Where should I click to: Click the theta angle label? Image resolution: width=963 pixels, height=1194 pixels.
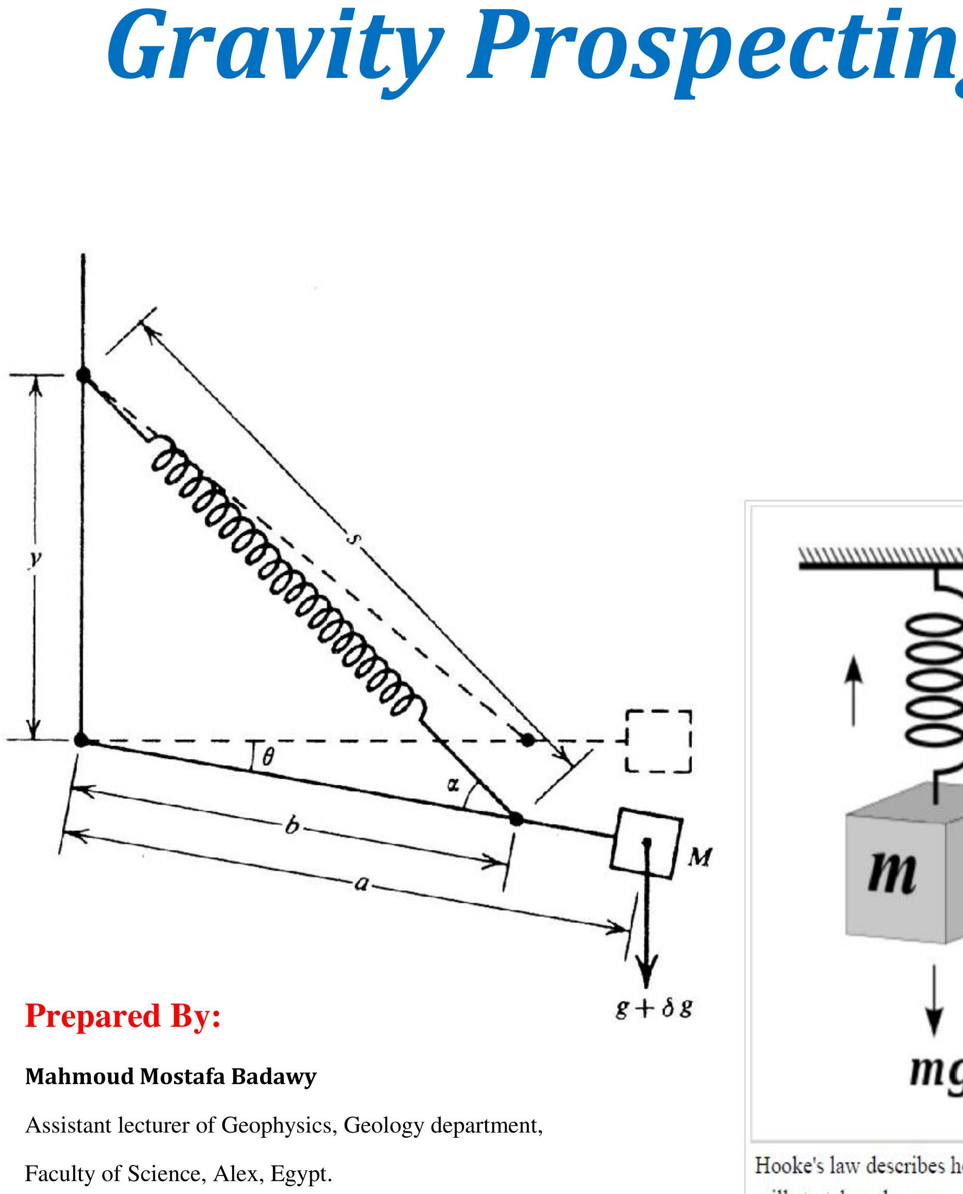268,756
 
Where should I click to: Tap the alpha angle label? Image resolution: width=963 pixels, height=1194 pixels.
453,784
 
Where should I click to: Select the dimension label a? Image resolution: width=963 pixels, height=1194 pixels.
361,883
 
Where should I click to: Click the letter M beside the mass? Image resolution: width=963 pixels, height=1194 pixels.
700,858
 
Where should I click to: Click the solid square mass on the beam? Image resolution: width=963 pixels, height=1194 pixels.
647,843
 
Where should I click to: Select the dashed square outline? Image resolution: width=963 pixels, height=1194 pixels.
659,741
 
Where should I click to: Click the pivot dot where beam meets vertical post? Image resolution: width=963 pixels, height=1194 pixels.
82,739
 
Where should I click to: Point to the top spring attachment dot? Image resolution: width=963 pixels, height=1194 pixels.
83,375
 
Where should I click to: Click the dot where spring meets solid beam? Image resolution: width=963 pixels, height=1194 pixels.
516,818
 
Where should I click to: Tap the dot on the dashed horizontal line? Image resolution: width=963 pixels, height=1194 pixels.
528,739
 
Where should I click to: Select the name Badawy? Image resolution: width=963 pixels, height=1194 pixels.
274,1076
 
